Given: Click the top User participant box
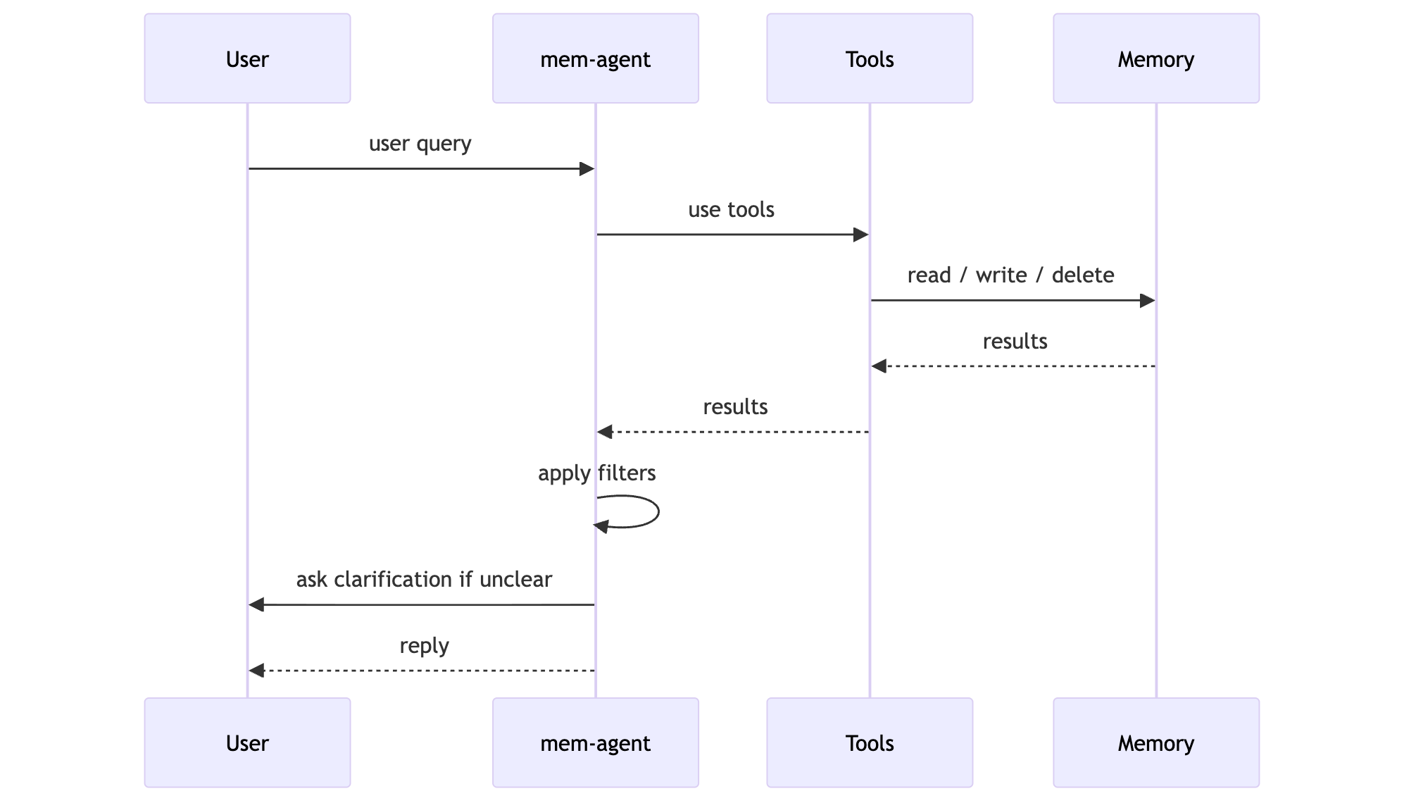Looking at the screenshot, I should point(247,58).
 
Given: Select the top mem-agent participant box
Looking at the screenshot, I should point(595,58).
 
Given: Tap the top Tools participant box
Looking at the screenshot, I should point(869,58).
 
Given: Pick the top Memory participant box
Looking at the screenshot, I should point(1155,58).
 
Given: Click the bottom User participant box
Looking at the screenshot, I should point(247,742).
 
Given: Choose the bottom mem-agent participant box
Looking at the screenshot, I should point(595,742).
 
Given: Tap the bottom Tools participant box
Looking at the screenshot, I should point(869,742).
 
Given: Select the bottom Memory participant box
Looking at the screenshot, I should point(1155,742).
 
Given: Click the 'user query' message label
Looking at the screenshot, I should point(420,144).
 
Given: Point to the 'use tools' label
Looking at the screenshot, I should point(731,210).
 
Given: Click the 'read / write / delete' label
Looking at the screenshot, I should point(1010,275).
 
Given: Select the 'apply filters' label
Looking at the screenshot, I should point(596,473).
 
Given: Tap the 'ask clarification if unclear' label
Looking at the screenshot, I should point(424,580).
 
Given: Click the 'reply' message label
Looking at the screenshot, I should point(424,645).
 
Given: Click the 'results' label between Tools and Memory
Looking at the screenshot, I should point(1015,342).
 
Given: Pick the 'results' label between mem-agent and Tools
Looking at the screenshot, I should point(735,407).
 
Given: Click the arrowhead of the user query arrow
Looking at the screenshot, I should point(587,169).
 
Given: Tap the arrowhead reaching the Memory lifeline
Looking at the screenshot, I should point(1147,301).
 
